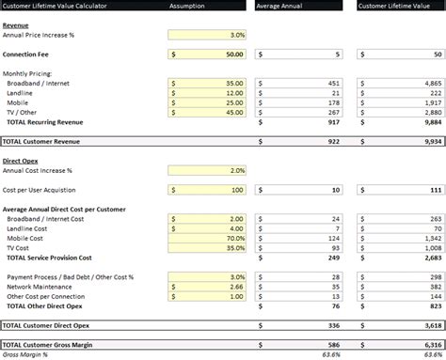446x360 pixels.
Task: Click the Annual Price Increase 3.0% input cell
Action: [x=207, y=35]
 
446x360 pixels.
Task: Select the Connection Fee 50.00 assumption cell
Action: [x=207, y=55]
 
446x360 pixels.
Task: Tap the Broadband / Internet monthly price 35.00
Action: [x=207, y=83]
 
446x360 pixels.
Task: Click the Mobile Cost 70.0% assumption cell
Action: [x=207, y=238]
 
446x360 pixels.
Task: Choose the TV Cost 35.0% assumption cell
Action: [x=207, y=247]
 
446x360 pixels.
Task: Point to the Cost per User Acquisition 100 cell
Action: [x=207, y=190]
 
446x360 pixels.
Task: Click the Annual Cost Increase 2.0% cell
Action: [x=207, y=170]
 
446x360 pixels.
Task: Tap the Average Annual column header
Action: [x=297, y=6]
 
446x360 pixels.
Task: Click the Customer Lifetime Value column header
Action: [x=399, y=6]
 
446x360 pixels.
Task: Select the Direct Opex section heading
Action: [x=22, y=161]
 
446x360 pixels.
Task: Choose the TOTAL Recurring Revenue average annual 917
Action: [x=334, y=121]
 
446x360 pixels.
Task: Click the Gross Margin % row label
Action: [x=25, y=354]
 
